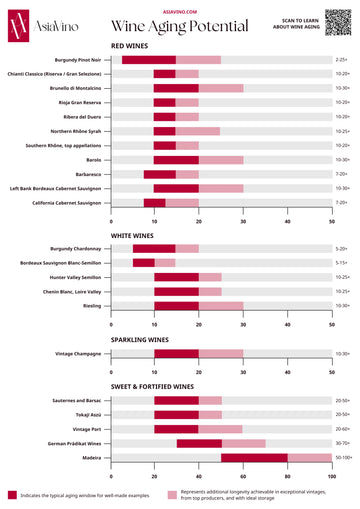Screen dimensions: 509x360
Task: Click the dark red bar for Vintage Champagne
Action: pos(176,353)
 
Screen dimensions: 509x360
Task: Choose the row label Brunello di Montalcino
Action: pos(76,88)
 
